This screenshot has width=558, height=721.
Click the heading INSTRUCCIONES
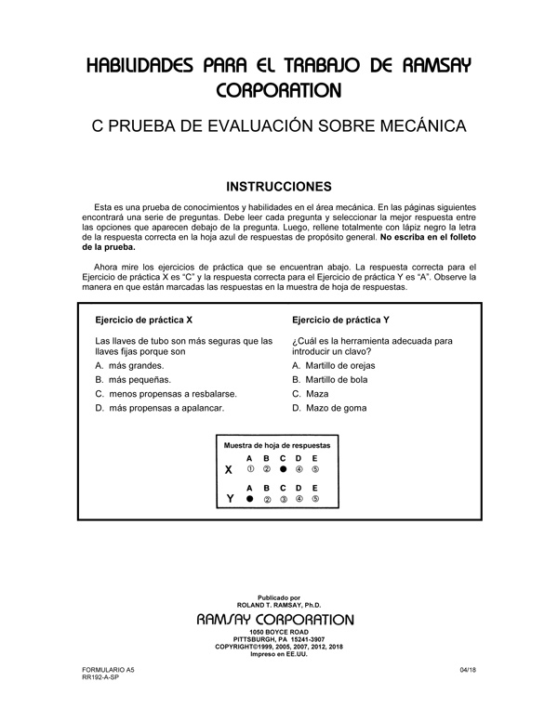[279, 185]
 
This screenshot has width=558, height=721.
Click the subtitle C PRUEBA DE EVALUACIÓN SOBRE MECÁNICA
[279, 125]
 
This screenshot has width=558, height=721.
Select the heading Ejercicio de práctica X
[144, 320]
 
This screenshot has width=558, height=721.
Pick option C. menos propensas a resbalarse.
[159, 394]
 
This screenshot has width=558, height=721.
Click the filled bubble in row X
[283, 470]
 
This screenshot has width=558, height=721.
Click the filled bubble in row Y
[249, 499]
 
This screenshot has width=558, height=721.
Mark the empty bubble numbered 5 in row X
[315, 470]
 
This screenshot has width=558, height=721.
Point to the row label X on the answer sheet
[229, 470]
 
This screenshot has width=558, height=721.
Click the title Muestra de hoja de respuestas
[277, 445]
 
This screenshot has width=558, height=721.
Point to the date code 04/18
[468, 670]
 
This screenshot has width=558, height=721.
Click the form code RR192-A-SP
[100, 678]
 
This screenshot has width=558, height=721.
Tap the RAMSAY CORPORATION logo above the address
[276, 619]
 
